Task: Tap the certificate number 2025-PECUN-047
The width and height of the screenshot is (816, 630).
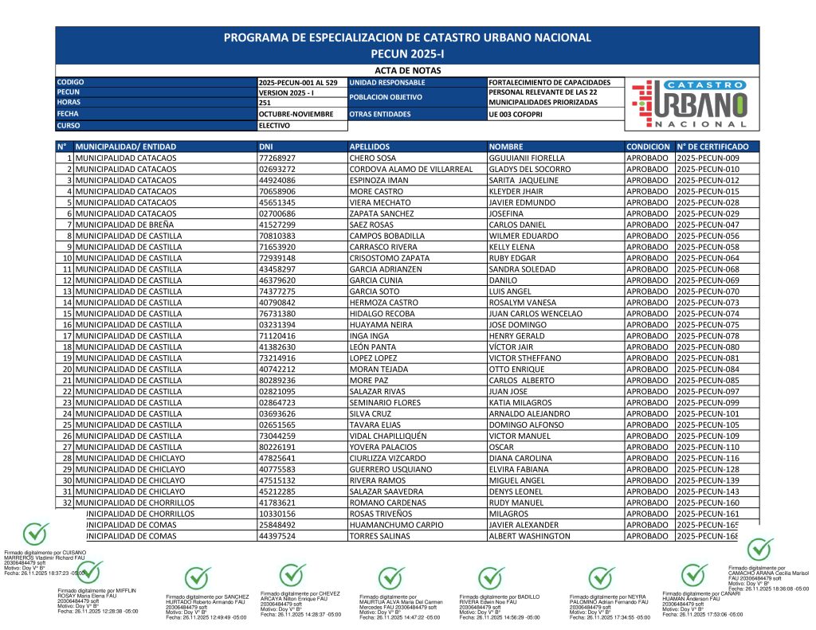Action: pos(708,225)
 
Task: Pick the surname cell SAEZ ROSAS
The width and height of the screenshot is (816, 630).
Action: pos(375,225)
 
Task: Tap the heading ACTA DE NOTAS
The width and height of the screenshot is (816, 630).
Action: pos(407,71)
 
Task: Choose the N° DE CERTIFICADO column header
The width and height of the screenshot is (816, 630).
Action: pos(712,147)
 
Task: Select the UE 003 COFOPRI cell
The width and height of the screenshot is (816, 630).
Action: pos(517,115)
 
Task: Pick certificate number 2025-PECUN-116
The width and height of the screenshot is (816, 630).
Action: pos(708,459)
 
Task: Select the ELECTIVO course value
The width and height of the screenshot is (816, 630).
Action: pos(275,126)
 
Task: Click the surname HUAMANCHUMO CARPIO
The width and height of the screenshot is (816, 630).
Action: pos(395,526)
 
